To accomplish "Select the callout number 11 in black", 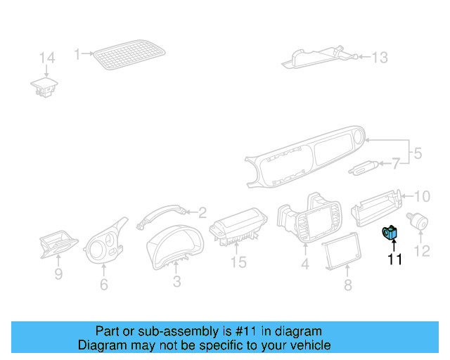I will [394, 260].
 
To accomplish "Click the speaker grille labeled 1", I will [129, 54].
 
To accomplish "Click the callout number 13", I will [379, 58].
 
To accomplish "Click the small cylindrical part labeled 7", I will [363, 167].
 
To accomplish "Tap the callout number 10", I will [420, 196].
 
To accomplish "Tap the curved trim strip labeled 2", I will [160, 213].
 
